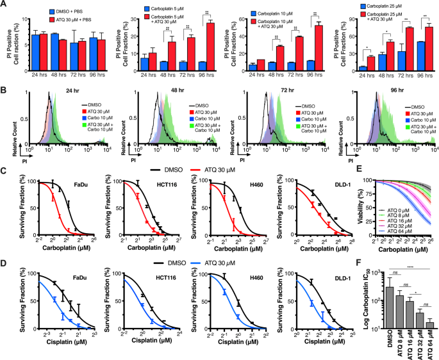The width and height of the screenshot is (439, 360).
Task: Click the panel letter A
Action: coord(4,4)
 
